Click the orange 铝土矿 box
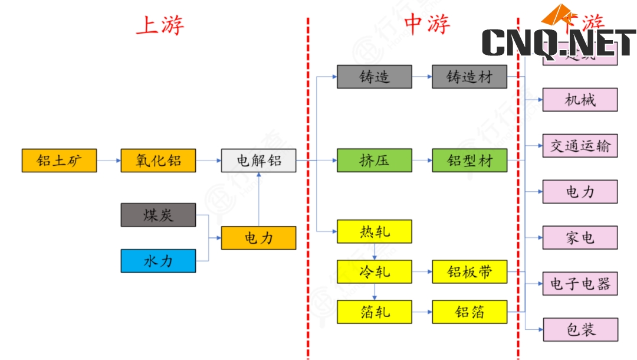tap(59, 161)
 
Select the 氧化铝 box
tap(158, 161)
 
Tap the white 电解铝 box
tap(258, 161)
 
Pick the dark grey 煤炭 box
tap(158, 215)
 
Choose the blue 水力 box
tap(158, 261)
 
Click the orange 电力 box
tap(258, 238)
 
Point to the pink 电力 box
tap(580, 192)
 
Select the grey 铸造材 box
tap(469, 77)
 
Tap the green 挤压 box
tap(375, 161)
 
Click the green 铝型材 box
tap(469, 161)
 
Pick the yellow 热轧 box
tap(375, 231)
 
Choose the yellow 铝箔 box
tap(469, 312)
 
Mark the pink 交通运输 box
tap(580, 146)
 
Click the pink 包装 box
tap(580, 330)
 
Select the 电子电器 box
tap(580, 284)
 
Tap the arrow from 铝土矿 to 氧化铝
tap(109, 161)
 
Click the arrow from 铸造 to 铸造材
tap(422, 77)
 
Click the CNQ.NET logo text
tap(559, 42)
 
